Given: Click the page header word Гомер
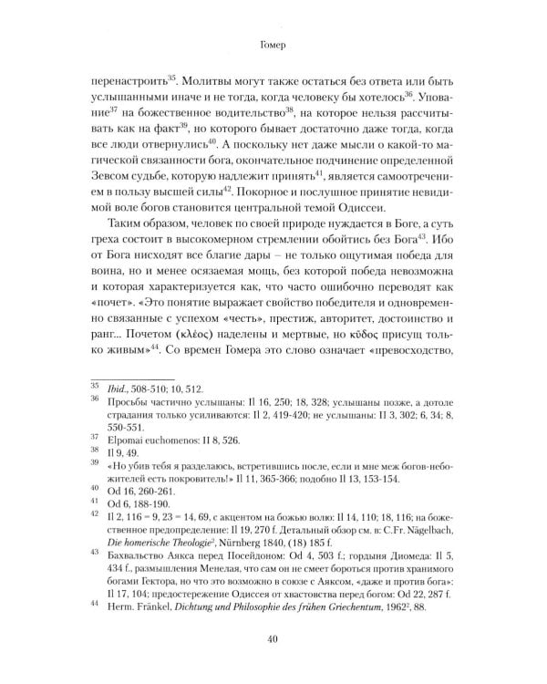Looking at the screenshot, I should tap(273, 42).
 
